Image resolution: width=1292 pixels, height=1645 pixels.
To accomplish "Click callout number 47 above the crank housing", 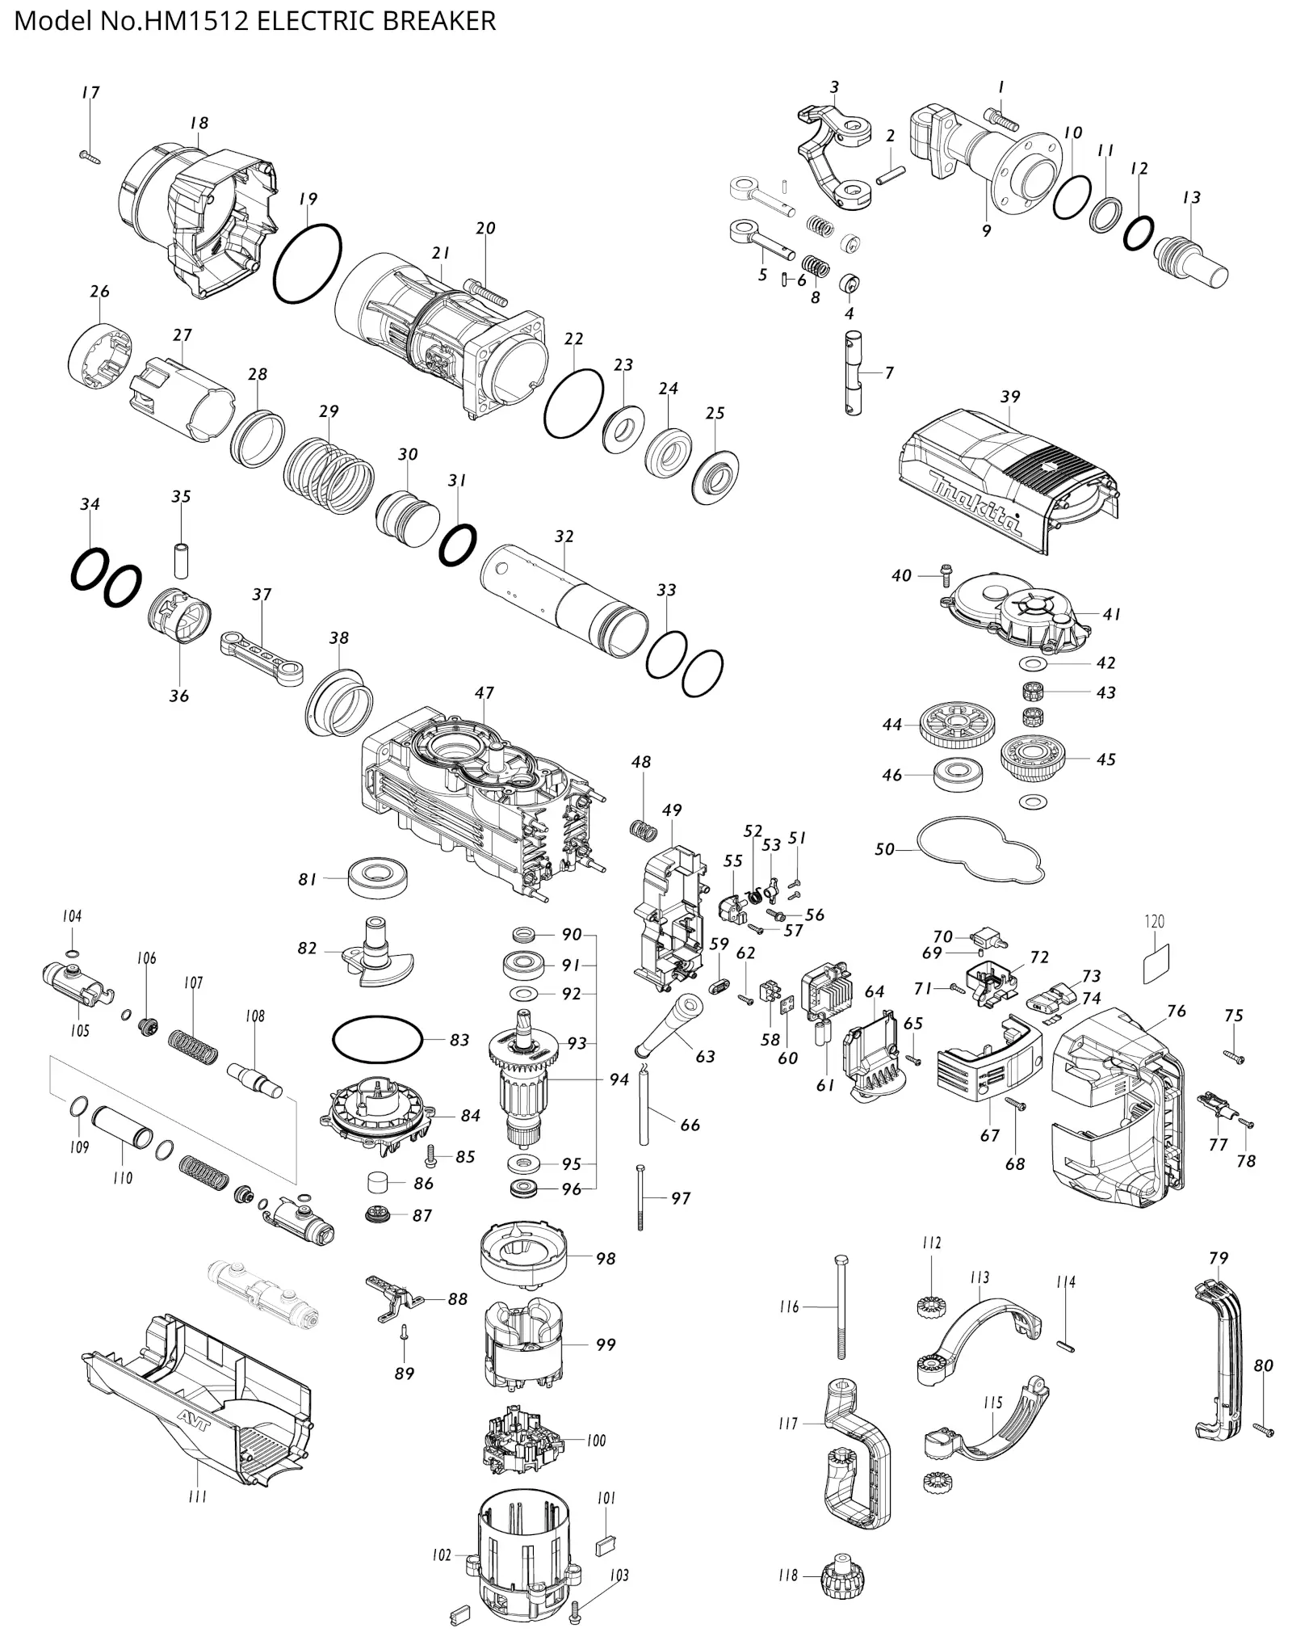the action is click(484, 692).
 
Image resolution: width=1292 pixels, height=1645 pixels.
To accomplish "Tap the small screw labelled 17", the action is click(89, 155).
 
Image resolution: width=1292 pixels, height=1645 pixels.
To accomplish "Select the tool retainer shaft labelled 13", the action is click(1190, 258).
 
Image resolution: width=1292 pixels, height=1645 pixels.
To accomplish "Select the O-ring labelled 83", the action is click(378, 1040).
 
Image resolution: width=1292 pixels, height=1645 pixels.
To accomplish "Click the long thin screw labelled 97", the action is click(640, 1198).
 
